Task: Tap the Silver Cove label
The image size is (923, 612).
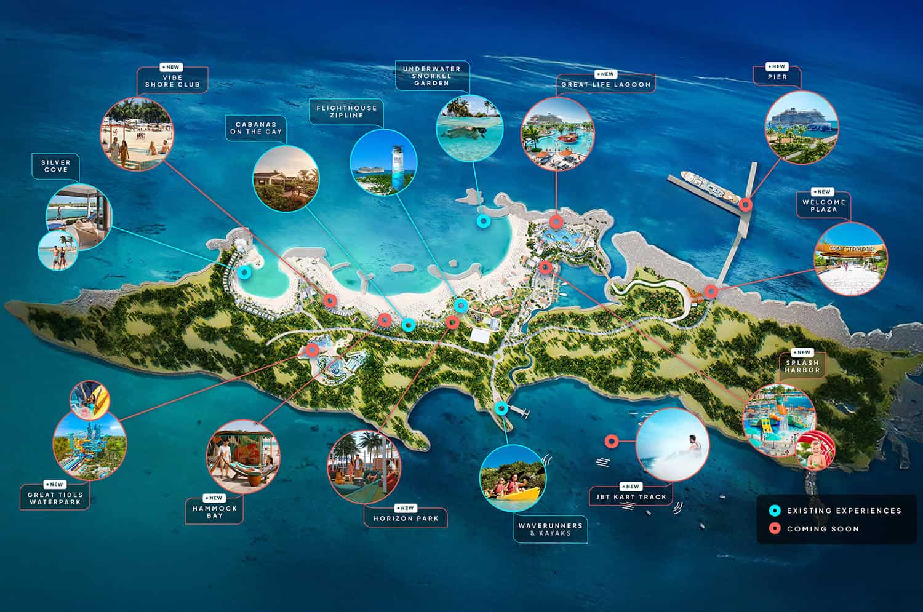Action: [x=56, y=165]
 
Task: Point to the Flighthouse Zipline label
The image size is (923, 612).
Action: [x=346, y=111]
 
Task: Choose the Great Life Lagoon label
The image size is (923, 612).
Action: [x=605, y=84]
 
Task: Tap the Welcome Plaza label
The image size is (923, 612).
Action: [x=824, y=205]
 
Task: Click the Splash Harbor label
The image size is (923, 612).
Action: [x=802, y=366]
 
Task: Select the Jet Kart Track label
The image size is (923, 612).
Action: [x=631, y=496]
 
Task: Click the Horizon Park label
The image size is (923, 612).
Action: [x=406, y=518]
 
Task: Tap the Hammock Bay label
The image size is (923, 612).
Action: [x=215, y=511]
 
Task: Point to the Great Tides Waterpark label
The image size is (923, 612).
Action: [x=55, y=498]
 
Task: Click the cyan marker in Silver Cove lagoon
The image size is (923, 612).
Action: [x=244, y=272]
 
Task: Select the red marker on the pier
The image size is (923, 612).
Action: [x=746, y=205]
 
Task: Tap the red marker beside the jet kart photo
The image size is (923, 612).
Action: [x=611, y=441]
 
